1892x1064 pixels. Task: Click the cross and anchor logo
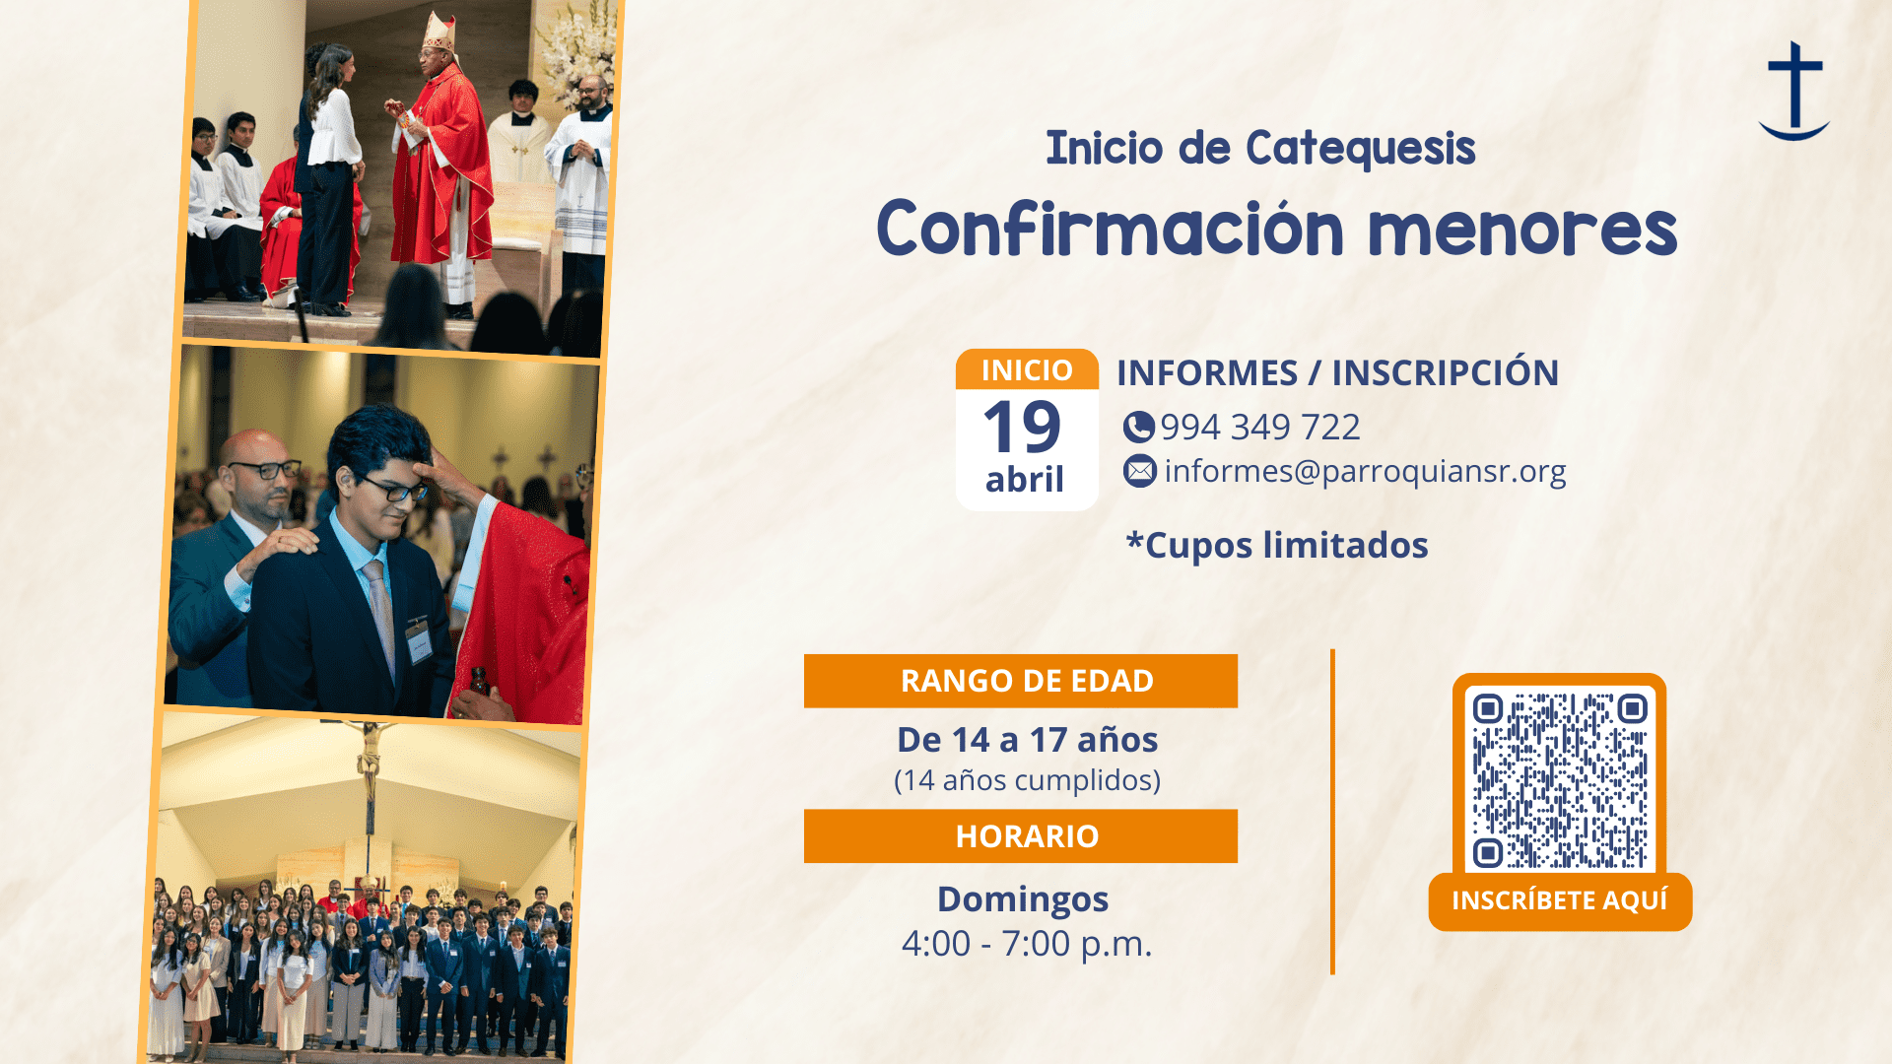coord(1794,91)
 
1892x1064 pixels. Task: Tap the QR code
coord(1559,778)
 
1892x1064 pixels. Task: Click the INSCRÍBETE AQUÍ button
coord(1560,900)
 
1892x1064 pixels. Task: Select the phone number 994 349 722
coord(1260,427)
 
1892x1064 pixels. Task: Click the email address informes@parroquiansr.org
coord(1365,472)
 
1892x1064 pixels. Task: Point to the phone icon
coord(1138,427)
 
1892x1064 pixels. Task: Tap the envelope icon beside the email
coord(1140,471)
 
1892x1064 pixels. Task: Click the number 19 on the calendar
coord(1022,427)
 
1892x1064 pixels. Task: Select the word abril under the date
coord(1025,480)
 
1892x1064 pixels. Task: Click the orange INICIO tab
coord(1027,369)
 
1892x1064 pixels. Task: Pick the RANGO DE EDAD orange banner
coord(1021,681)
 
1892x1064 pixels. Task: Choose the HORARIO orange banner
coord(1021,836)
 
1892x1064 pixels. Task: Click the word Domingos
coord(1023,900)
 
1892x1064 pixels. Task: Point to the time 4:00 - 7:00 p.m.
coord(1027,944)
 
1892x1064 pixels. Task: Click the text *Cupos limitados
coord(1277,545)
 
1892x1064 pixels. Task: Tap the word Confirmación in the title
coord(1111,228)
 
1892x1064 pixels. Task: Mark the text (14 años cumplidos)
coord(1027,780)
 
